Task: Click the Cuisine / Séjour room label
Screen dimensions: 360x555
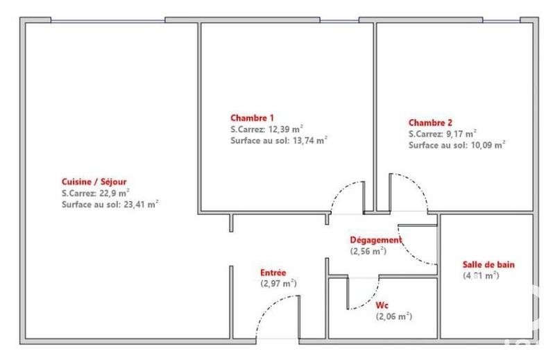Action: click(x=94, y=182)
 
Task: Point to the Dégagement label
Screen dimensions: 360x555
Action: click(x=375, y=240)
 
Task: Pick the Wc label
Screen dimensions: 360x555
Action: click(x=383, y=305)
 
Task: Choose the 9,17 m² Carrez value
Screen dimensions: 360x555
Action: click(x=461, y=133)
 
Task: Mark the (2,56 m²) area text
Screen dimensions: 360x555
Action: click(x=368, y=251)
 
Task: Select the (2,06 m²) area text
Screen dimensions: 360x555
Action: click(x=394, y=316)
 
